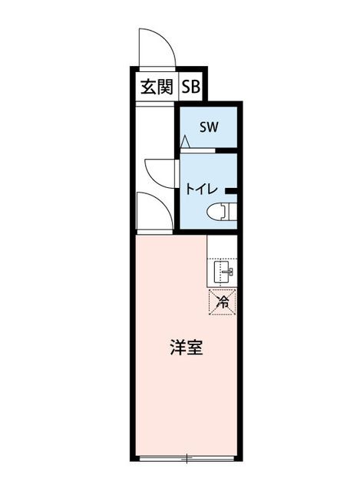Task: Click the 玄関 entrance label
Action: pos(157,87)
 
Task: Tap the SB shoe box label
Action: pos(191,87)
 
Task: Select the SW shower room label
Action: pos(209,127)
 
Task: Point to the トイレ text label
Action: pos(201,189)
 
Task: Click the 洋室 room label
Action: pos(187,348)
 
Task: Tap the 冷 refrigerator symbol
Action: pos(223,302)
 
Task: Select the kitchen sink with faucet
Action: pos(223,272)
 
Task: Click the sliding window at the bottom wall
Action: pos(187,459)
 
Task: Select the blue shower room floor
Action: pos(209,127)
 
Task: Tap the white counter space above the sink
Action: pos(222,247)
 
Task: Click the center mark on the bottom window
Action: pos(187,459)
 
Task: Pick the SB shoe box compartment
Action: pos(191,87)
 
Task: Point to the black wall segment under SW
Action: pos(226,150)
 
